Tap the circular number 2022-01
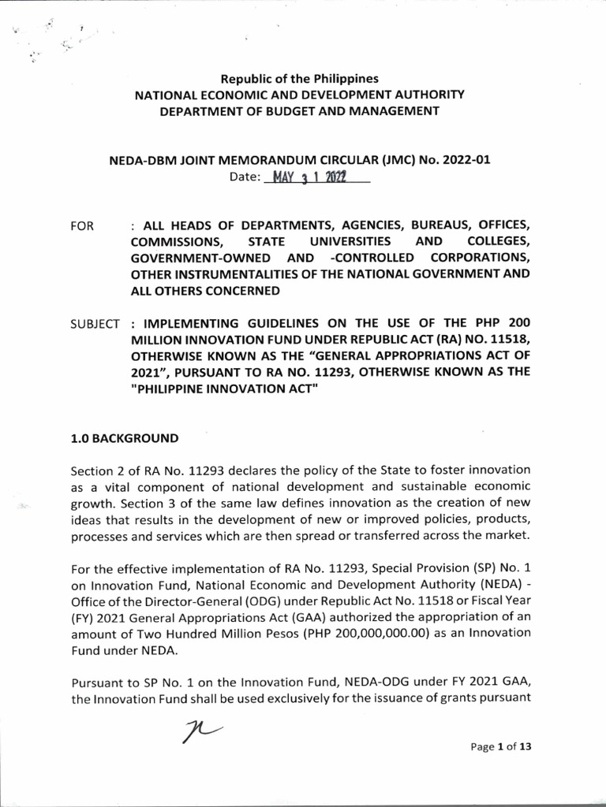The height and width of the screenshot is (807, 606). click(463, 159)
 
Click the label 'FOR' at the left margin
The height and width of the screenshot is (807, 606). click(83, 226)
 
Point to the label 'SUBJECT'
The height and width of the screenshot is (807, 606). click(95, 323)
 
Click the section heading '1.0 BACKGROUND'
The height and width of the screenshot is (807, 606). click(124, 438)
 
